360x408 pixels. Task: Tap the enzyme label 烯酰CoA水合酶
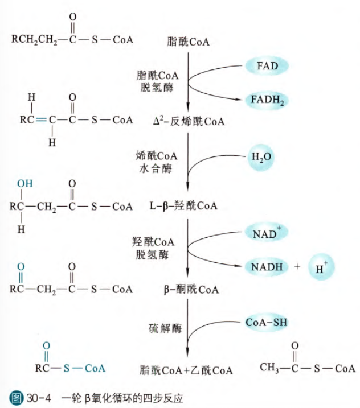[x=157, y=162]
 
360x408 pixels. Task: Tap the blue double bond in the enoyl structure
[x=39, y=120]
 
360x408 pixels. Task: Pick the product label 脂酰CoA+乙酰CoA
[x=186, y=370]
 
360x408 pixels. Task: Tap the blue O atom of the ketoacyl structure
[x=22, y=267]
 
